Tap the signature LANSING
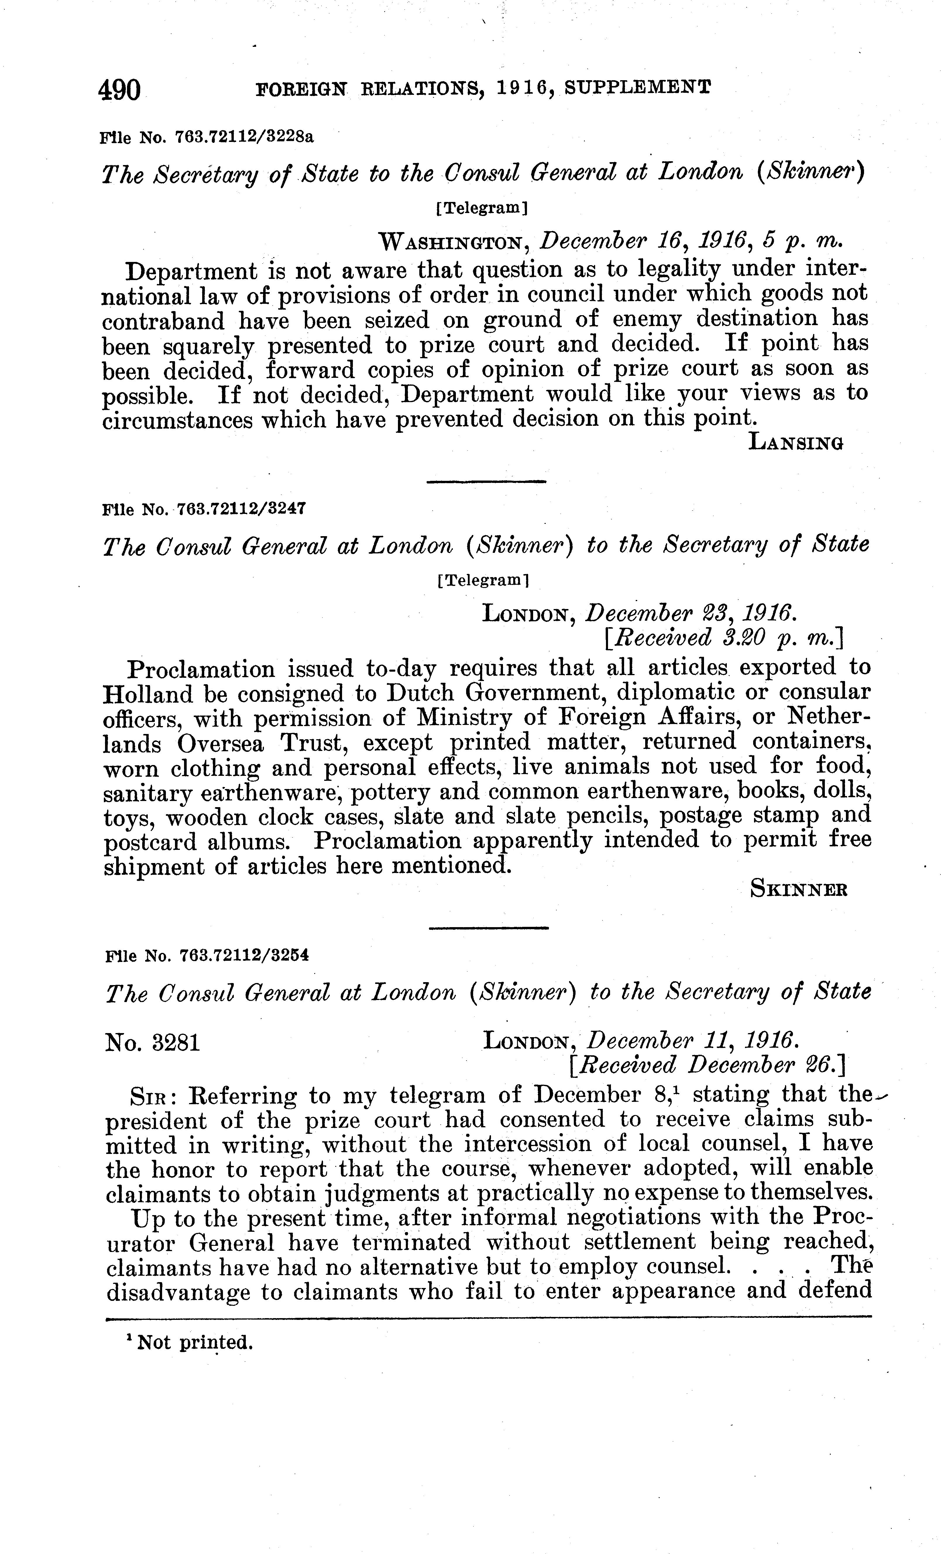coord(796,443)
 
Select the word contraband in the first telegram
coord(163,321)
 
